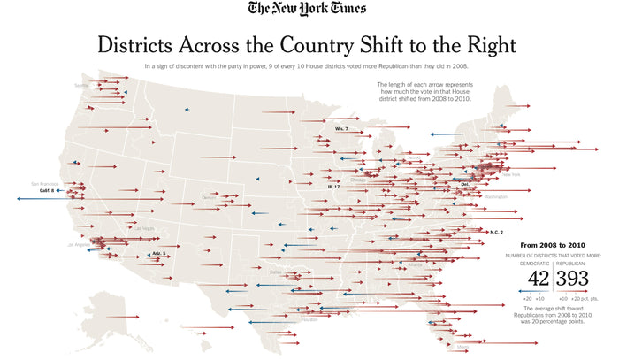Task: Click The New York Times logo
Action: coord(309,10)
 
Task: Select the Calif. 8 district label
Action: coord(47,190)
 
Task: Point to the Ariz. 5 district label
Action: coord(158,254)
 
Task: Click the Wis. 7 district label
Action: coord(341,129)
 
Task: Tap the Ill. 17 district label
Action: coord(333,187)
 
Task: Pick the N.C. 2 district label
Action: coord(496,232)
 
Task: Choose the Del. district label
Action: coord(465,185)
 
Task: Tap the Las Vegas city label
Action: coord(142,229)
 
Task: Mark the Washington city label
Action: coord(496,196)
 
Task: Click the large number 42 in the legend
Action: coord(539,279)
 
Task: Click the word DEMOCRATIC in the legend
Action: coord(534,263)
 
